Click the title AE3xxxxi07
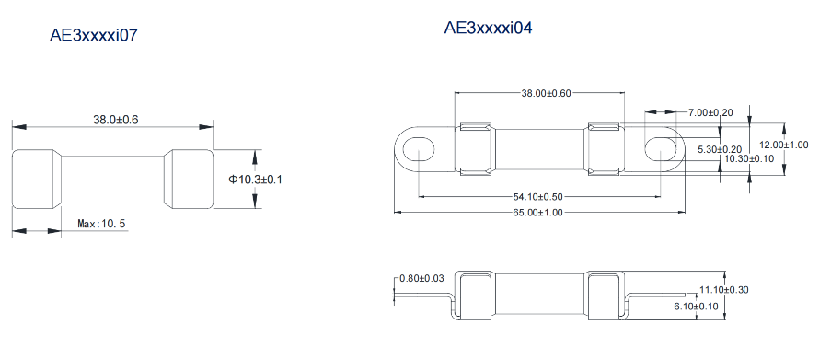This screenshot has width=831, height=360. (94, 35)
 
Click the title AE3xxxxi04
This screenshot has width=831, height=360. (488, 28)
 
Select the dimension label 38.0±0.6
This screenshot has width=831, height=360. (116, 120)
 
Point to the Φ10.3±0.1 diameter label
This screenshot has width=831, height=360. (256, 180)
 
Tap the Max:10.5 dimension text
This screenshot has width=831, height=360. (101, 224)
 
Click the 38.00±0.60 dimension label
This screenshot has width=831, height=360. (546, 93)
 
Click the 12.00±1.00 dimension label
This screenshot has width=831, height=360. (784, 145)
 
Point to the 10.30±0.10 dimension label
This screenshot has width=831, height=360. (749, 158)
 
